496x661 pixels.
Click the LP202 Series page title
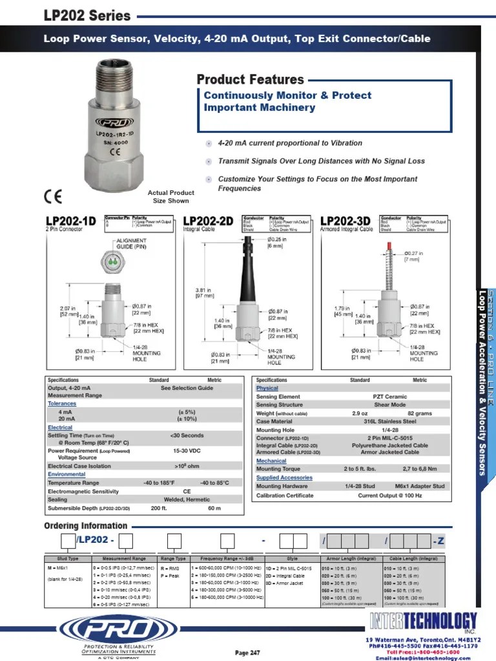pyautogui.click(x=87, y=15)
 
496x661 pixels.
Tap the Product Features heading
pyautogui.click(x=250, y=80)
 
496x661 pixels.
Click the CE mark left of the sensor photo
pyautogui.click(x=52, y=196)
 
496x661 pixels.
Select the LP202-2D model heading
pyautogui.click(x=209, y=221)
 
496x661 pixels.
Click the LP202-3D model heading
pyautogui.click(x=346, y=221)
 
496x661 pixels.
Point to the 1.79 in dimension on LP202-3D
pyautogui.click(x=343, y=292)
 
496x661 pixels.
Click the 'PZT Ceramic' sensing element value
pyautogui.click(x=391, y=397)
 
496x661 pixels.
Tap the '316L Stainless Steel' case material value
pyautogui.click(x=391, y=422)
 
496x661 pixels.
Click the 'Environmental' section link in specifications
pyautogui.click(x=67, y=474)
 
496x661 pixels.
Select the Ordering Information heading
pyautogui.click(x=86, y=525)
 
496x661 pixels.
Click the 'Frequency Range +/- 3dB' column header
pyautogui.click(x=222, y=558)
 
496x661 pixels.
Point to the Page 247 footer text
pyautogui.click(x=247, y=653)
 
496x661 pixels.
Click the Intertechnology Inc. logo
pyautogui.click(x=424, y=622)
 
